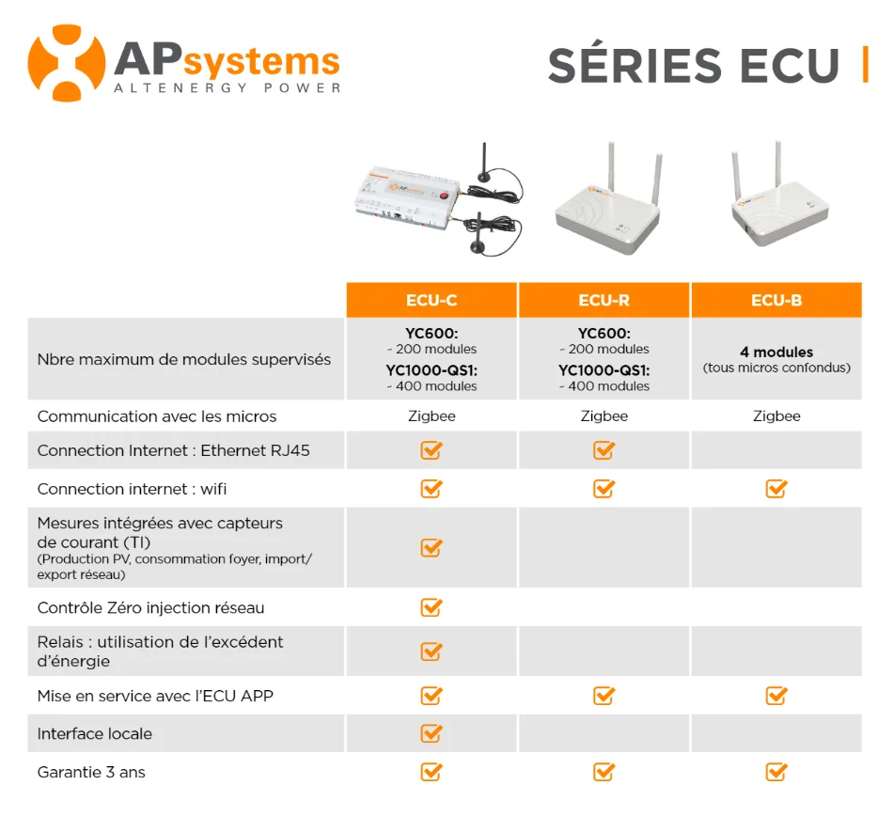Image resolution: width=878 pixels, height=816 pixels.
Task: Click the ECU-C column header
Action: [431, 300]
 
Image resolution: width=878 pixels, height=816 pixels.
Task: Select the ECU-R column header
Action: [604, 300]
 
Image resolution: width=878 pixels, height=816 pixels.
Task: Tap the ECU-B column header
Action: [776, 300]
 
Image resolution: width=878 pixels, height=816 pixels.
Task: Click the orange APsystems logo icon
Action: [66, 63]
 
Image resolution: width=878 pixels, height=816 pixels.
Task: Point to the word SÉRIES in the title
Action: [635, 66]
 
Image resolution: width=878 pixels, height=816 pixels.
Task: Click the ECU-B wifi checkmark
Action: [776, 488]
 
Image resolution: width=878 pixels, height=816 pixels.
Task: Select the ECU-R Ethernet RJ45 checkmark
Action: [604, 449]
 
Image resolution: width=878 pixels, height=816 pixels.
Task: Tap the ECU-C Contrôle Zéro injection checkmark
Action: [431, 607]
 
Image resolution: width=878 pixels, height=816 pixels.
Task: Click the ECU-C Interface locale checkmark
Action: [431, 733]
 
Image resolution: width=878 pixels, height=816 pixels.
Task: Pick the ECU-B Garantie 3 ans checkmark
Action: [776, 772]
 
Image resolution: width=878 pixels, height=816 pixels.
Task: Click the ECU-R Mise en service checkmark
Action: [604, 696]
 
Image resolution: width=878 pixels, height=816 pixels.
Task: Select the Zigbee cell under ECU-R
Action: [604, 416]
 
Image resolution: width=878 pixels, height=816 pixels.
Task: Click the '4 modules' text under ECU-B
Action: [776, 352]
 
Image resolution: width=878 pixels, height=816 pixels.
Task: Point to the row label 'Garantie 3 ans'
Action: [91, 773]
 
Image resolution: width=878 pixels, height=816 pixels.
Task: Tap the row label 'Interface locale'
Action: [95, 733]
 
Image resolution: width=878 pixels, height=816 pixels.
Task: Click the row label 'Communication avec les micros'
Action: [157, 416]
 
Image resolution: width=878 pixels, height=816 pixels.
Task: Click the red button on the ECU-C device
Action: [445, 196]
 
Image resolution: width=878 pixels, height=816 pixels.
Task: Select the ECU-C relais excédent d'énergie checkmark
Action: [431, 651]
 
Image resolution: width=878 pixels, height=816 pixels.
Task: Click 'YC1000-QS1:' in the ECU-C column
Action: [431, 370]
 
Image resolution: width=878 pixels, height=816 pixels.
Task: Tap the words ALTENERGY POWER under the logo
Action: [227, 88]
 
